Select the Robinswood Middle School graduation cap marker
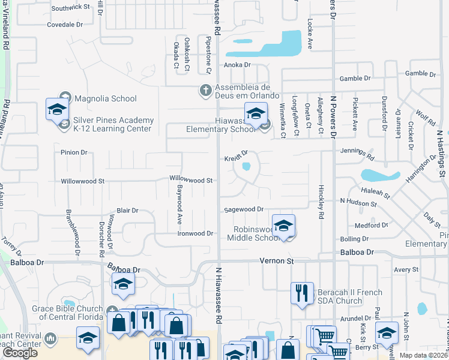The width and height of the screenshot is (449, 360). coord(283,226)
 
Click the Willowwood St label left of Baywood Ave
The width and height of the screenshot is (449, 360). coord(83,181)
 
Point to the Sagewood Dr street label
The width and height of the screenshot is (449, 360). coord(244,209)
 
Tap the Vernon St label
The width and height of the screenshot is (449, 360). coord(276,261)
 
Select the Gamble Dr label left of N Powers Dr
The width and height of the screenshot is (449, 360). coord(355,79)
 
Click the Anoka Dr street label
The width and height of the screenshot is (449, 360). coord(237,65)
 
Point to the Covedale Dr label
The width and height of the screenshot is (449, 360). coord(65,25)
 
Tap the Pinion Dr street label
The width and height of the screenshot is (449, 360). coord(74,152)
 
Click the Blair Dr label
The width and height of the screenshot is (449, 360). coord(127,211)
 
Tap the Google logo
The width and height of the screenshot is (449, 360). coord(20,352)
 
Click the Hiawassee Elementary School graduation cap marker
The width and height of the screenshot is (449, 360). coord(256,113)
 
